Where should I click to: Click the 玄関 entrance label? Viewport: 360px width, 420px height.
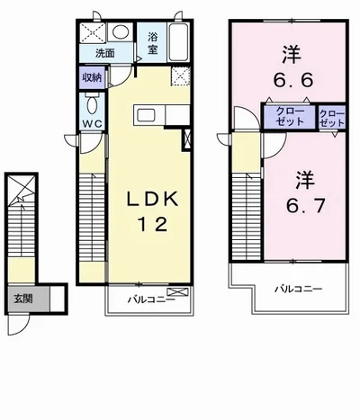(23, 299)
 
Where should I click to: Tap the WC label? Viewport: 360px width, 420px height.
(93, 124)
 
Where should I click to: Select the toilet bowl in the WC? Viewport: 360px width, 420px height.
(92, 103)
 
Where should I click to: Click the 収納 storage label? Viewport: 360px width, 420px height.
(92, 77)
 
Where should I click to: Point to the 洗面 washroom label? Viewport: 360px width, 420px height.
(105, 53)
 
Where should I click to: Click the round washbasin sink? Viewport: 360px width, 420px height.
(121, 31)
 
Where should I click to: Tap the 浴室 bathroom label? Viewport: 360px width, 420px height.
(153, 43)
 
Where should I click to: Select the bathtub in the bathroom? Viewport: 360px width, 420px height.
(178, 42)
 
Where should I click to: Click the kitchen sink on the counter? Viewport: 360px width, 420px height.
(146, 115)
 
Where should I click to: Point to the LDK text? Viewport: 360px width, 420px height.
(153, 199)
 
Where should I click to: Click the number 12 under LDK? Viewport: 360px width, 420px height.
(152, 224)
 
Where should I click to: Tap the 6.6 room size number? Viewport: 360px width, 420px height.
(293, 80)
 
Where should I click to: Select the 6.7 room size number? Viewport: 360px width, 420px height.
(305, 206)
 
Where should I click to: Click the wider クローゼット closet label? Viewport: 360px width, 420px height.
(290, 116)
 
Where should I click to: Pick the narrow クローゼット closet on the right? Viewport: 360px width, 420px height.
(332, 118)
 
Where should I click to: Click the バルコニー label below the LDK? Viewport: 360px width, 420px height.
(151, 299)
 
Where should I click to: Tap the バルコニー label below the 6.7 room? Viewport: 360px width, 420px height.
(299, 289)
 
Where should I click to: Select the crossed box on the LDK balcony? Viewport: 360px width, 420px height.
(177, 291)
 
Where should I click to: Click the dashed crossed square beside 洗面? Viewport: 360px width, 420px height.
(93, 32)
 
